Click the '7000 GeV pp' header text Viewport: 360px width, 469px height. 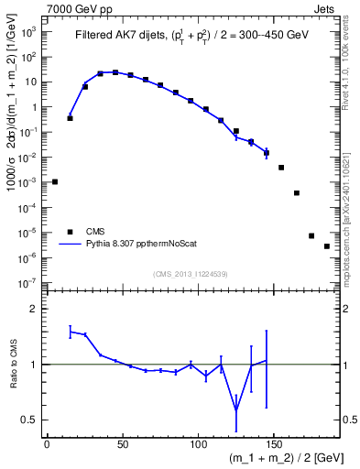pyautogui.click(x=75, y=6)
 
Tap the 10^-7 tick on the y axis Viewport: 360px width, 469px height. pyautogui.click(x=28, y=283)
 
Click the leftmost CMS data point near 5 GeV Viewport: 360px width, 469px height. pyautogui.click(x=55, y=181)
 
